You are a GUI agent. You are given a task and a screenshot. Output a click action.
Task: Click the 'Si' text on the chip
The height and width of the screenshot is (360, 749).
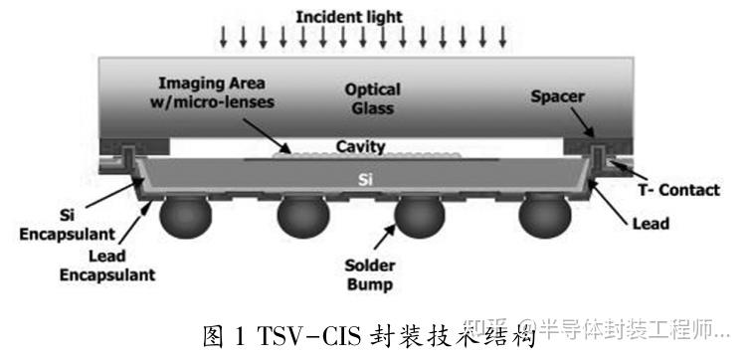click(x=365, y=180)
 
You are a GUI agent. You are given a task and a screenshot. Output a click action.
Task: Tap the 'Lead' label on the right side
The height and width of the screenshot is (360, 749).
click(x=651, y=224)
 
